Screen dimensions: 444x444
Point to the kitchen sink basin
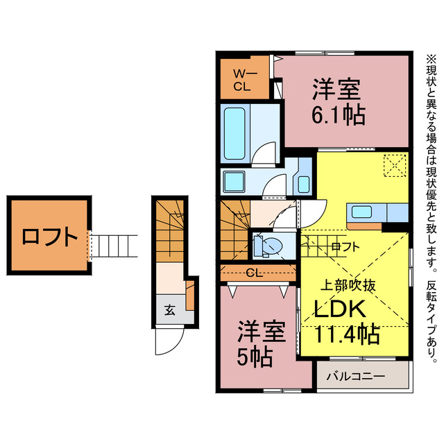pos(363,212)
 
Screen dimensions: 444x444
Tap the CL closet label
pos(255,273)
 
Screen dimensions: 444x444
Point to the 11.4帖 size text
pos(347,335)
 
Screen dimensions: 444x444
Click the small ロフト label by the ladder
pos(345,246)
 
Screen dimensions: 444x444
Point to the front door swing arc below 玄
pos(169,341)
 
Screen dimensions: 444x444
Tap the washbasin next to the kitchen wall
pos(304,184)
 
